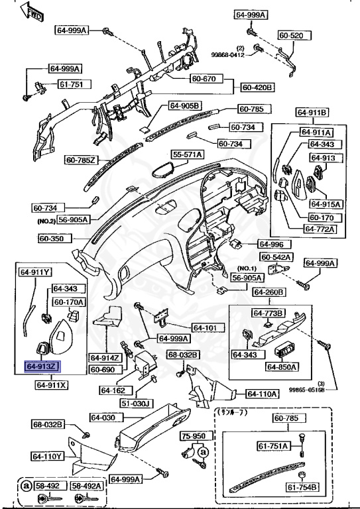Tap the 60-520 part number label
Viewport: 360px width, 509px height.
[x=290, y=35]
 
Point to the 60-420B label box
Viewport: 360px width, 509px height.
[x=258, y=87]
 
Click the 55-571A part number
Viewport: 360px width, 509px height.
[x=188, y=154]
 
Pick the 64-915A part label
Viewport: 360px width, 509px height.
[x=324, y=204]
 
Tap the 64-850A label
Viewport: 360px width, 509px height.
[x=282, y=367]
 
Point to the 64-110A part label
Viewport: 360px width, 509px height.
[x=262, y=394]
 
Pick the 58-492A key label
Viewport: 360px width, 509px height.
[x=86, y=486]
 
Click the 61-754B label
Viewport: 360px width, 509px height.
[x=303, y=488]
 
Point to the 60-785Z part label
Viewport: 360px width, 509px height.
[x=82, y=160]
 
